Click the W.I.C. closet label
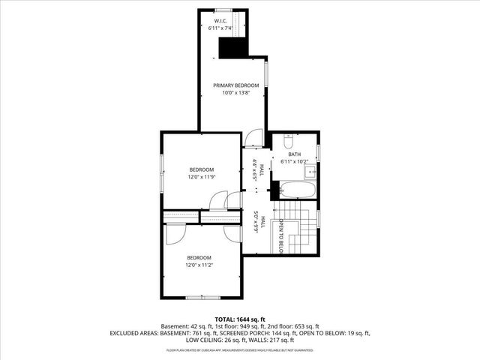point(220,20)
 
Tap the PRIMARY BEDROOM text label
point(231,85)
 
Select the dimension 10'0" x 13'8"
point(231,93)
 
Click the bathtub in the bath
point(297,189)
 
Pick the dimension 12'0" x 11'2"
point(199,265)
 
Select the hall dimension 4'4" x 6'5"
point(255,171)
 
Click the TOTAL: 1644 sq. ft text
point(240,319)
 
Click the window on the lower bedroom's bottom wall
point(198,298)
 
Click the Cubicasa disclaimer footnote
point(240,349)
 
